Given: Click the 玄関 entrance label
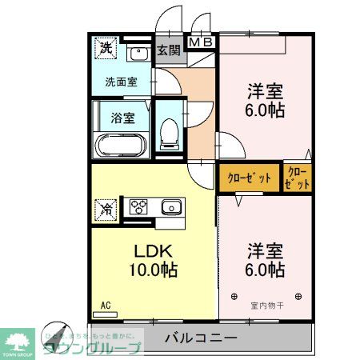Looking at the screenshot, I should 168,50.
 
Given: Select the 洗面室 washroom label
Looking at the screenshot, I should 121,81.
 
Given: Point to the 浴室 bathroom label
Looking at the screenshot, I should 122,117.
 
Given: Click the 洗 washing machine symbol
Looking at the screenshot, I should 106,48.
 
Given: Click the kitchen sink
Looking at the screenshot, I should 170,208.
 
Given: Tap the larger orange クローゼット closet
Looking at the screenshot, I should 249,178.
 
